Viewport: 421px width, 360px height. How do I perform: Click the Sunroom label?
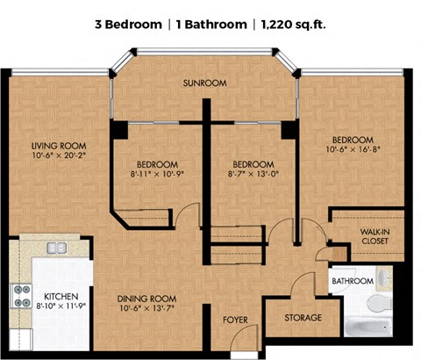point(204,83)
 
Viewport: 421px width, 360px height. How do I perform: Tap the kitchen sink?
point(57,248)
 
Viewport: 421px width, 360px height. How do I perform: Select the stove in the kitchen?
point(21,296)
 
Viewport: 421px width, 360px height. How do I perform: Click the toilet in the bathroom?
point(380,303)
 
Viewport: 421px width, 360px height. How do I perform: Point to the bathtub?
point(368,327)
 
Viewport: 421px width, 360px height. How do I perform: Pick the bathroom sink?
point(384,277)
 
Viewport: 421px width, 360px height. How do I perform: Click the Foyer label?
point(235,320)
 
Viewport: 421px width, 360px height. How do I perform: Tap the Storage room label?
point(303,318)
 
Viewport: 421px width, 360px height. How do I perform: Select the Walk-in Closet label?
point(375,236)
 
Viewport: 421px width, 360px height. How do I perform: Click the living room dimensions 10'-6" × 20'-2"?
point(59,155)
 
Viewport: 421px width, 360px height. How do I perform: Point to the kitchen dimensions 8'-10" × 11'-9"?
point(61,306)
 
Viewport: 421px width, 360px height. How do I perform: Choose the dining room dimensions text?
point(146,308)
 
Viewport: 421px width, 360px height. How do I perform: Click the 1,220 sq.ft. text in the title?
point(293,25)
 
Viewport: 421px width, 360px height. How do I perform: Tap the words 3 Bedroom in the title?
point(128,25)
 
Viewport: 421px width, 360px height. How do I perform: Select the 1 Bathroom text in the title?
point(211,25)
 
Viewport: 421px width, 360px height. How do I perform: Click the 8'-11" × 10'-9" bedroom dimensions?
point(157,174)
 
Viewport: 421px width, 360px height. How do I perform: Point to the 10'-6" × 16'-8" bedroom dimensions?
point(353,149)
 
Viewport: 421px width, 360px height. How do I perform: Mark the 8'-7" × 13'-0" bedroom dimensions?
point(253,174)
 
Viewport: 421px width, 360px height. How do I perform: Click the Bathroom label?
point(353,281)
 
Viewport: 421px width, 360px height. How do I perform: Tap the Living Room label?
point(59,146)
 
